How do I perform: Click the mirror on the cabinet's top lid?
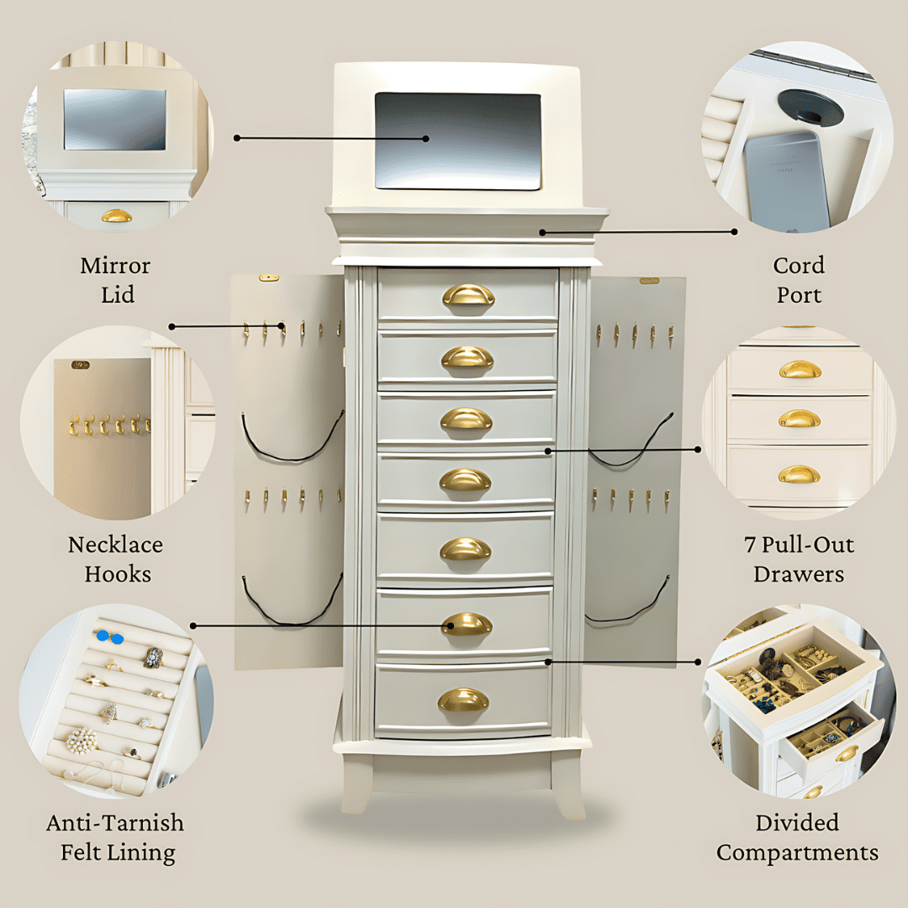pos(457,140)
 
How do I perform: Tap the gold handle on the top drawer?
pos(468,295)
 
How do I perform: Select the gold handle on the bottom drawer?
pos(463,699)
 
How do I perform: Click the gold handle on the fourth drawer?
pos(466,480)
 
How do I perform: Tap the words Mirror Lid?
pos(116,280)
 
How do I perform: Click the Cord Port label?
pos(798,280)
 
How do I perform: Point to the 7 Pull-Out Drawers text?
pos(798,559)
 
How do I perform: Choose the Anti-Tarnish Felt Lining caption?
pos(115,837)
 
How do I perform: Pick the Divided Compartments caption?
pos(797,837)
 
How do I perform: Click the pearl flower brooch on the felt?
pos(82,740)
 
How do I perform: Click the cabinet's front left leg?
pos(356,782)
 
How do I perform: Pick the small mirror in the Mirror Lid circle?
pos(114,119)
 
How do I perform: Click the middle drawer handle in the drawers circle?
pos(799,419)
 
